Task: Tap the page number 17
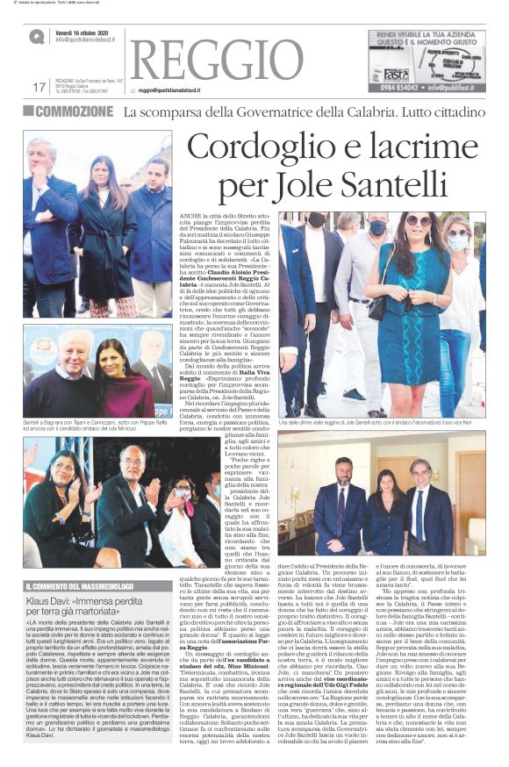pos(38,87)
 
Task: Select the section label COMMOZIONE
pos(75,111)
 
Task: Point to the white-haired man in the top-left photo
pos(42,219)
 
